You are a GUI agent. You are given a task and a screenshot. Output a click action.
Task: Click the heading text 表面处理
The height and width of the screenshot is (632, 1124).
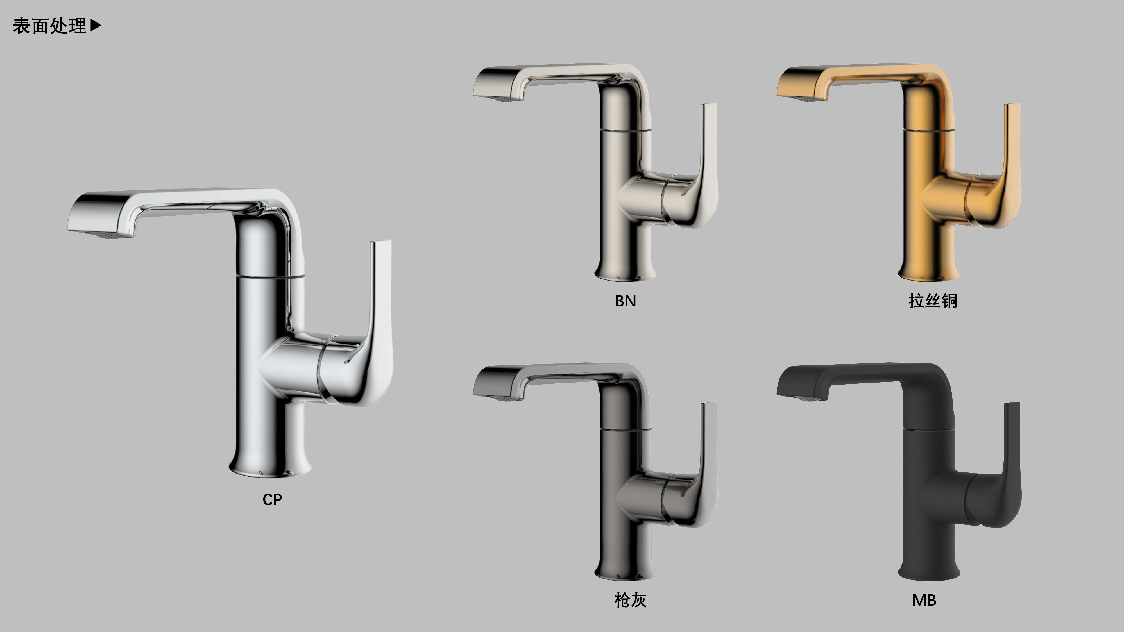(x=49, y=26)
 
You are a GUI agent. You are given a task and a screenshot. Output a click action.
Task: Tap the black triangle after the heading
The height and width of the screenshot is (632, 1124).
(x=96, y=26)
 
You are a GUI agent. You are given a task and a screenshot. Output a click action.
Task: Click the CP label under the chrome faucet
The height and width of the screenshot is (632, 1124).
(x=272, y=499)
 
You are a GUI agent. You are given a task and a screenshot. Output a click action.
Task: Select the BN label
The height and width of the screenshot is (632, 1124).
(x=625, y=301)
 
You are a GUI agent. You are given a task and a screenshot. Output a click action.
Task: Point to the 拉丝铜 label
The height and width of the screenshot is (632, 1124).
(x=933, y=301)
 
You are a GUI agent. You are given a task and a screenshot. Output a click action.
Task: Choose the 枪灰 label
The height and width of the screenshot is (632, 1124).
(x=631, y=600)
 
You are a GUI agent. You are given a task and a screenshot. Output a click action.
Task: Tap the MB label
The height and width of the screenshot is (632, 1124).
(x=924, y=601)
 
